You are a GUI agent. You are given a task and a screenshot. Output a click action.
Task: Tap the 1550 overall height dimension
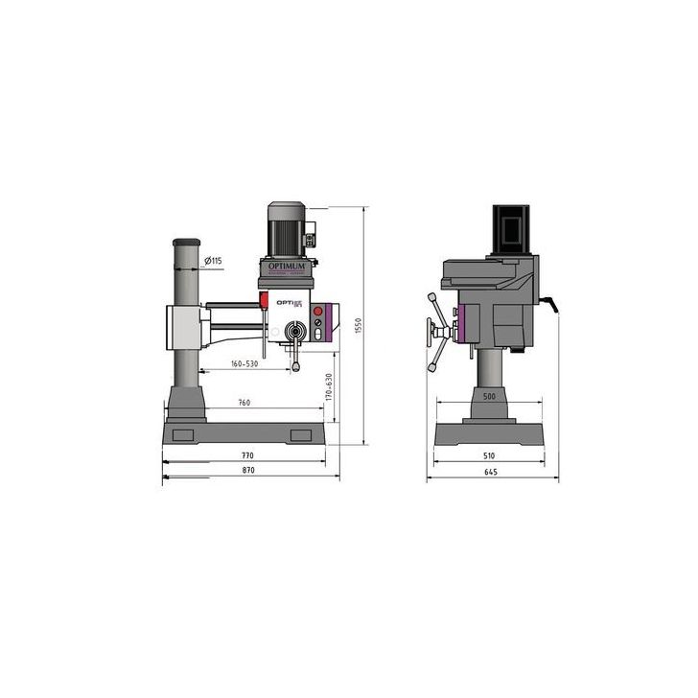358,326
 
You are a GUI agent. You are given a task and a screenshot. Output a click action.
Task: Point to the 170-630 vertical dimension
330,388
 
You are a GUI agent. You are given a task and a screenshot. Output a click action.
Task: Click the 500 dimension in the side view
489,396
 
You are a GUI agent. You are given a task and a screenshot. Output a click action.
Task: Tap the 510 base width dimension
490,456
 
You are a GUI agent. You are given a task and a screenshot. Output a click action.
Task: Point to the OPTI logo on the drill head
289,301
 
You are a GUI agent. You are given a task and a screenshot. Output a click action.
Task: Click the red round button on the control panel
317,312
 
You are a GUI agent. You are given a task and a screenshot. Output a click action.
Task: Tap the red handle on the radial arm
263,302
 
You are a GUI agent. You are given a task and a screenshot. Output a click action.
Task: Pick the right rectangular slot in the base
302,437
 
